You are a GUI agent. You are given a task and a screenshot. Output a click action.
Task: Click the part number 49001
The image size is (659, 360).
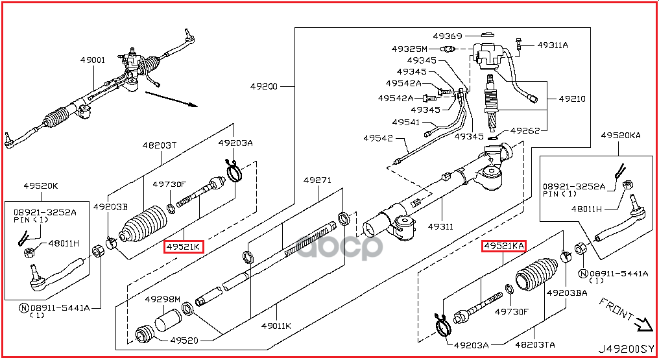coord(93,60)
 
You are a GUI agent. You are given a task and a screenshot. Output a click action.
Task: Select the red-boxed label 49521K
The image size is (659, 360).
coord(184,246)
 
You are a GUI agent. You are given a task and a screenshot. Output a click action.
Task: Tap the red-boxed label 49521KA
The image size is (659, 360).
coord(503,246)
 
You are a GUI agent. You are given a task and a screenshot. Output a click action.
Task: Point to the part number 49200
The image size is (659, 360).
coord(265,86)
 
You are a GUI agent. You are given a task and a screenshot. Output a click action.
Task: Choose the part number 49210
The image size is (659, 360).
coord(572,99)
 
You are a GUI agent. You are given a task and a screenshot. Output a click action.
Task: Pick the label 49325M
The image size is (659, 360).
coord(409,49)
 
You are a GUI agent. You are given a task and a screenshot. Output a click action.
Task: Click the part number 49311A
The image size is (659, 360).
coord(553,45)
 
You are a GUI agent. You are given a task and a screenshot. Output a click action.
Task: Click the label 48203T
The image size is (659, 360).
coord(160,145)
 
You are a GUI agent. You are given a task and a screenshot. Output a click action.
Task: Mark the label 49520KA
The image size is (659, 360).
coord(621,135)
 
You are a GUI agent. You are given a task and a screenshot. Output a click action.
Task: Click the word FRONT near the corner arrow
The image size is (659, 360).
coord(616,309)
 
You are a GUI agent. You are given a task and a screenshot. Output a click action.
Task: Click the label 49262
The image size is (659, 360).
coord(525,130)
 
